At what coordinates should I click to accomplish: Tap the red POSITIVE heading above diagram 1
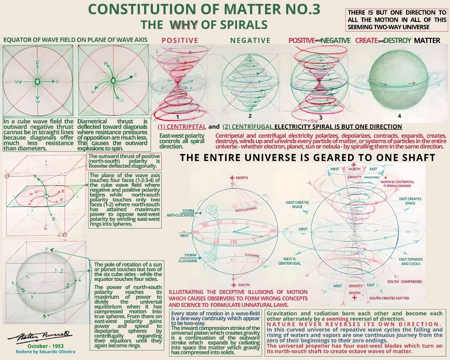[180, 40]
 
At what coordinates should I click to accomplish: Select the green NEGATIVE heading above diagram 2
[250, 40]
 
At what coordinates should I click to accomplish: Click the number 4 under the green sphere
[399, 116]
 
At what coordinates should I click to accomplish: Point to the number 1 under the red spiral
[178, 117]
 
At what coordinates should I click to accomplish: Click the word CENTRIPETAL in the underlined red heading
[186, 127]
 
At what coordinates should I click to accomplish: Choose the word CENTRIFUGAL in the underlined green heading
[252, 127]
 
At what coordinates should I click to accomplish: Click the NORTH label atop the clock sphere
[242, 178]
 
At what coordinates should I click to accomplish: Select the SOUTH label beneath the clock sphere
[244, 285]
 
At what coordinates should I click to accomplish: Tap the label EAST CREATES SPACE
[410, 201]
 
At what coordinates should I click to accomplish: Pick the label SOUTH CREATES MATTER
[389, 298]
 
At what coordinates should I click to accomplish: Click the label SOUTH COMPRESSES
[404, 282]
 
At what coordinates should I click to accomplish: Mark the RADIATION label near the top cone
[372, 178]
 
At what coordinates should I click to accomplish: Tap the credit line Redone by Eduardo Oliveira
[45, 352]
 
